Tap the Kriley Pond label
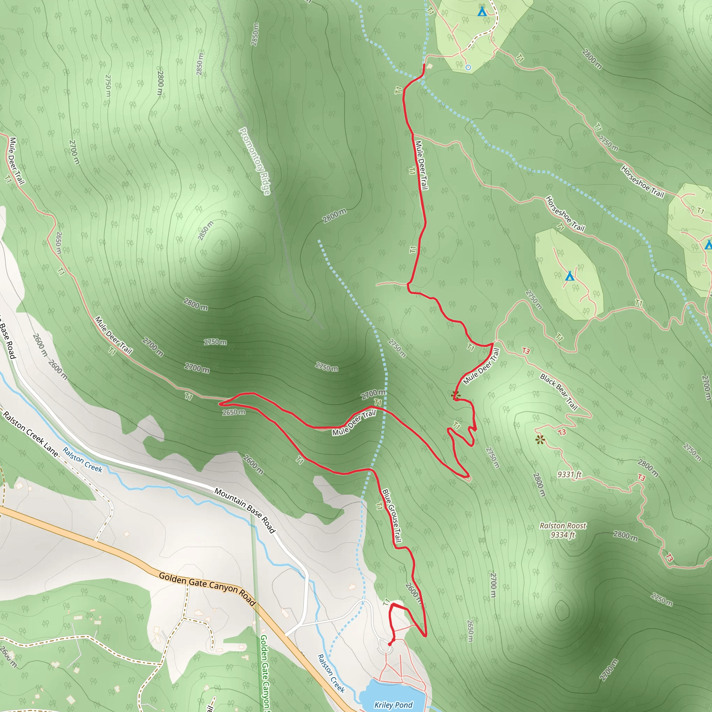tap(393, 705)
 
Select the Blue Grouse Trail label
tap(392, 516)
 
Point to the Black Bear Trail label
tap(558, 392)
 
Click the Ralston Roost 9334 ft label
tap(563, 530)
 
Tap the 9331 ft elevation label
tap(569, 474)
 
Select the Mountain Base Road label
tap(245, 510)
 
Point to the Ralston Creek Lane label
tap(31, 434)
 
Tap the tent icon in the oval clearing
tap(570, 276)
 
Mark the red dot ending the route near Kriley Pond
tap(390, 644)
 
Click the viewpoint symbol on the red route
tap(455, 395)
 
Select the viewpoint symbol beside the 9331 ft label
tap(540, 439)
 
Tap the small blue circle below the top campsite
tap(468, 67)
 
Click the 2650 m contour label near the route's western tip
tap(234, 412)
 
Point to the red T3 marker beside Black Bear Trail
tap(526, 351)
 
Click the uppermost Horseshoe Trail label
tap(642, 182)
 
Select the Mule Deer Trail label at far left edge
tap(17, 161)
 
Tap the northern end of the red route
tap(424, 65)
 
